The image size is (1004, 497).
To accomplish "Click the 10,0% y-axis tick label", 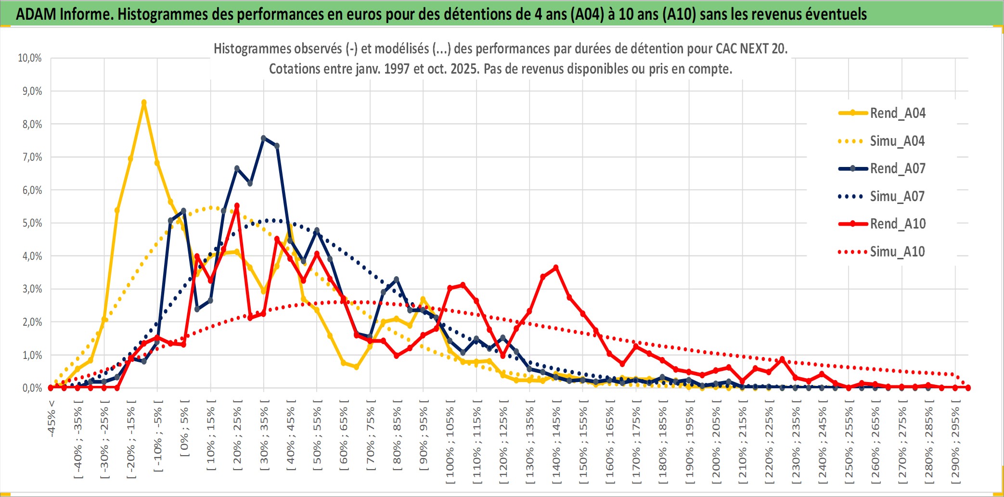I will point(30,58).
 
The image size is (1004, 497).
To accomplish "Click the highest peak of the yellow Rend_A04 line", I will point(144,102).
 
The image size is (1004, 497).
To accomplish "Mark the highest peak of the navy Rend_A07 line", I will point(263,138).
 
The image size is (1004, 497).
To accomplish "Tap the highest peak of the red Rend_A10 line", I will point(237,206).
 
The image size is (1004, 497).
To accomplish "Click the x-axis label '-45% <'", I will point(51,419).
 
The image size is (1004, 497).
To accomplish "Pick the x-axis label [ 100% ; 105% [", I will point(450,443).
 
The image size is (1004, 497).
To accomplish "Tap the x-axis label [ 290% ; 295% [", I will point(955,443).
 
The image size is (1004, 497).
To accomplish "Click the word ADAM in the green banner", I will point(35,14).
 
